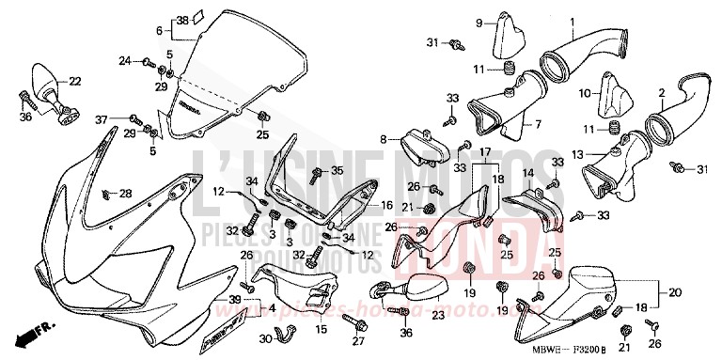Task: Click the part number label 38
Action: pyautogui.click(x=181, y=19)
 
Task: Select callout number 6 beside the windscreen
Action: pyautogui.click(x=159, y=30)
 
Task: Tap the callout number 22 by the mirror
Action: pyautogui.click(x=75, y=81)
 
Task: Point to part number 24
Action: pyautogui.click(x=124, y=61)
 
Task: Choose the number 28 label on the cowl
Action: pyautogui.click(x=126, y=194)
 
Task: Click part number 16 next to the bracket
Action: pyautogui.click(x=386, y=204)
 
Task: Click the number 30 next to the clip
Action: pyautogui.click(x=266, y=338)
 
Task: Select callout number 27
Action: pyautogui.click(x=358, y=344)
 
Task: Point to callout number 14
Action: pyautogui.click(x=527, y=173)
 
